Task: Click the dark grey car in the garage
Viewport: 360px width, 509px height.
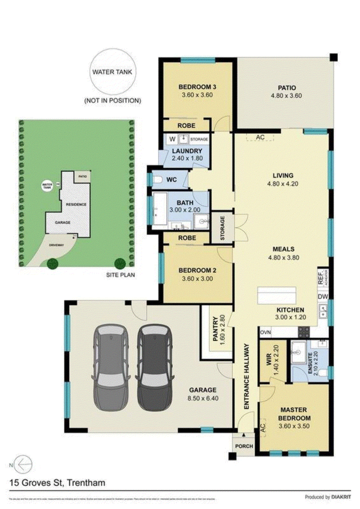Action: pyautogui.click(x=154, y=367)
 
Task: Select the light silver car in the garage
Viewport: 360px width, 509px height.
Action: pyautogui.click(x=110, y=367)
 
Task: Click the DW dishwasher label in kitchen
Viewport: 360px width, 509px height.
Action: pyautogui.click(x=323, y=297)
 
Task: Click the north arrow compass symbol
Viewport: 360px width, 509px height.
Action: pyautogui.click(x=24, y=464)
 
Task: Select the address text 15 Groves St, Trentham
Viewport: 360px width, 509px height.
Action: pyautogui.click(x=58, y=483)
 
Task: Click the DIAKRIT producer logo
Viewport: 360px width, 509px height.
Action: pyautogui.click(x=338, y=497)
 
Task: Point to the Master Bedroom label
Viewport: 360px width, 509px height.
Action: pyautogui.click(x=293, y=414)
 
